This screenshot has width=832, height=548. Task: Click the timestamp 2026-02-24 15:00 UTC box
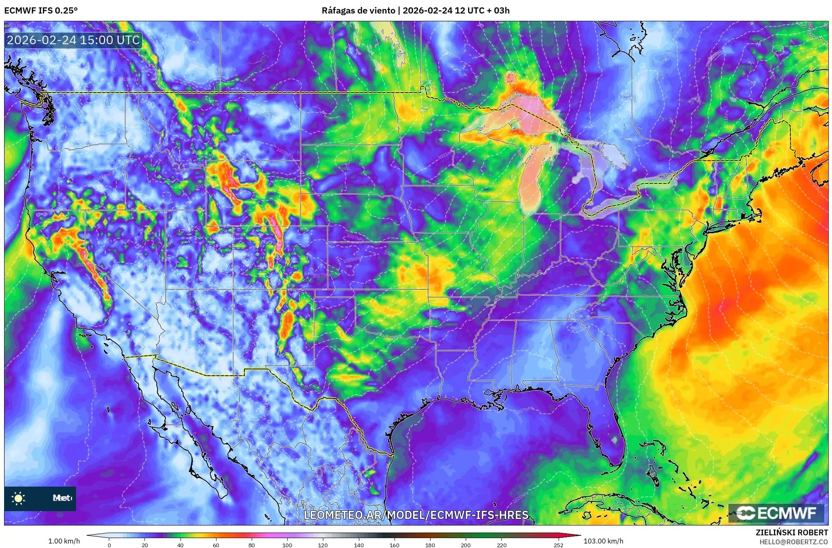(x=73, y=40)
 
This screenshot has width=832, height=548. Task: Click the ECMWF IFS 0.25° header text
(x=41, y=10)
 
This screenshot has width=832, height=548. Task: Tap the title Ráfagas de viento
(x=358, y=10)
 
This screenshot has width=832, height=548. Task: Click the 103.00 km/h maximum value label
(x=603, y=541)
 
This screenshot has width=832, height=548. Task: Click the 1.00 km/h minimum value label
(x=64, y=541)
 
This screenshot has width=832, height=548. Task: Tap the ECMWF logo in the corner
(x=776, y=513)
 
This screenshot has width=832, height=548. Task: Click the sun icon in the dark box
(x=18, y=498)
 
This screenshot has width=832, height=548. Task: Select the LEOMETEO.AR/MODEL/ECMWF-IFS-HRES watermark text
(x=416, y=515)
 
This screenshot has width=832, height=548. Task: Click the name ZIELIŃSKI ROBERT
(x=792, y=532)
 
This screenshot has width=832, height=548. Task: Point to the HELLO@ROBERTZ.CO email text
(x=794, y=542)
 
